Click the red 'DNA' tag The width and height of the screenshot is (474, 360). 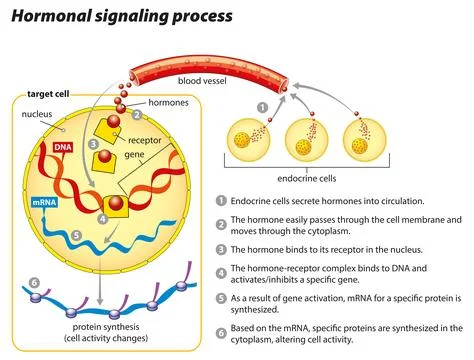pyautogui.click(x=61, y=148)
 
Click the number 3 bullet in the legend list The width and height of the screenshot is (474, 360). pyautogui.click(x=220, y=247)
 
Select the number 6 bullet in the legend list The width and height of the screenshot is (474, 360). pyautogui.click(x=220, y=327)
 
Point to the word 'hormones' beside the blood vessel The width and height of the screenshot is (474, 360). pyautogui.click(x=168, y=103)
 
